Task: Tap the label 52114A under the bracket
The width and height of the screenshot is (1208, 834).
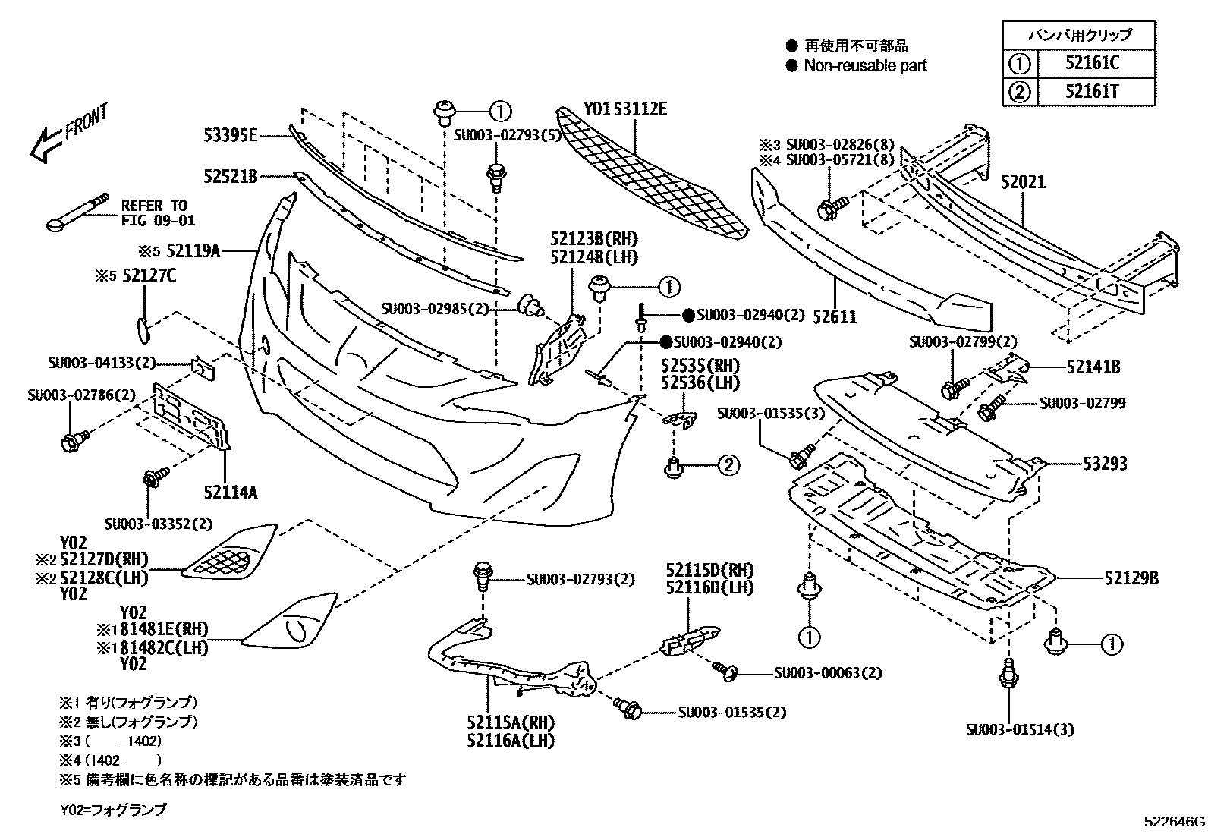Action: point(230,493)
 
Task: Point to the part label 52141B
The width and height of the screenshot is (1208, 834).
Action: point(1093,367)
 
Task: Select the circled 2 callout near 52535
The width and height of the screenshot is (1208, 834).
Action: point(728,465)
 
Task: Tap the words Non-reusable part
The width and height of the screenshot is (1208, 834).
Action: point(865,66)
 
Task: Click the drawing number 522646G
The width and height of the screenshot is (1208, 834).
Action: point(1175,822)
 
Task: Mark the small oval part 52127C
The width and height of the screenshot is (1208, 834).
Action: point(142,329)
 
